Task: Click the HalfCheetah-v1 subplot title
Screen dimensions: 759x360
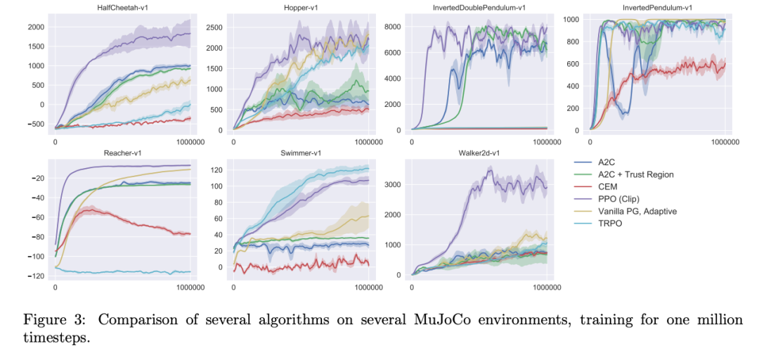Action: click(122, 7)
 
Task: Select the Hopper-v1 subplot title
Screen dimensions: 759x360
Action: click(301, 7)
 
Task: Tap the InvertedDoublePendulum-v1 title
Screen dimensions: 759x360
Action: click(479, 7)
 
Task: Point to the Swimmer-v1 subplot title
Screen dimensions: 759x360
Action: click(301, 153)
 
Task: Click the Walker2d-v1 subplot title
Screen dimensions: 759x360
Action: click(479, 153)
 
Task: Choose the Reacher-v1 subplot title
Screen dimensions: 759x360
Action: click(122, 153)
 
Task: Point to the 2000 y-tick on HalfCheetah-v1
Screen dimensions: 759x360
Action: click(37, 27)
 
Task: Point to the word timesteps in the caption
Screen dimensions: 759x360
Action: click(56, 337)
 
